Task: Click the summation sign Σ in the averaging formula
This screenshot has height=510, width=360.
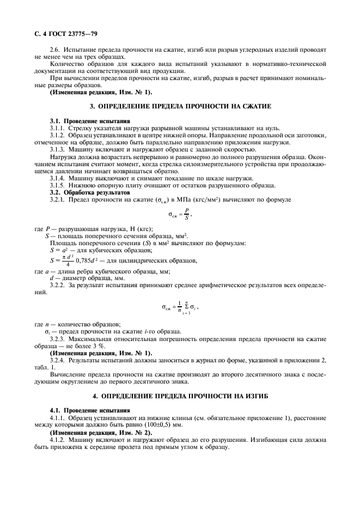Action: pos(187,307)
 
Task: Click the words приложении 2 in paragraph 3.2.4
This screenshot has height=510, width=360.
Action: pos(310,361)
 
